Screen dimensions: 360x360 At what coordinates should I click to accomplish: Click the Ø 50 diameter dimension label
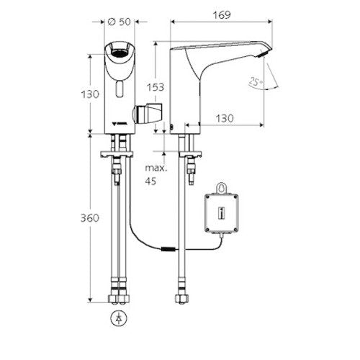point(119,22)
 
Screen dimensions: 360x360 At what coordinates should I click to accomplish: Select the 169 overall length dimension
point(222,15)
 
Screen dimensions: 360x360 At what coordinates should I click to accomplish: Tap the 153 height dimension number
point(156,87)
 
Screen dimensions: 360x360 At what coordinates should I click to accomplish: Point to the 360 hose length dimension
point(89,218)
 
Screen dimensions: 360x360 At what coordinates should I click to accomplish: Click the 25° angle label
point(256,81)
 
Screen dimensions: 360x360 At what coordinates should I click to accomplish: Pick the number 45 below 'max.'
point(150,181)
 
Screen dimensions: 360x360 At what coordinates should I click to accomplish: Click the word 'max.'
point(156,168)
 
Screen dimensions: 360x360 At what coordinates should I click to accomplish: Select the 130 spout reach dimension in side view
point(225,118)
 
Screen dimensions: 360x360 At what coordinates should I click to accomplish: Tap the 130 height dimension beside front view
point(90,94)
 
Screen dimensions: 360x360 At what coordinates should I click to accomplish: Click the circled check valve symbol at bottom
point(119,319)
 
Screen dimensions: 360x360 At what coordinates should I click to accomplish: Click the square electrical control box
point(222,213)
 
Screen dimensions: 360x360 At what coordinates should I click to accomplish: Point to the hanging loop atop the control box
point(221,188)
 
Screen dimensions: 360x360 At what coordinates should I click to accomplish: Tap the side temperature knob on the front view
point(148,113)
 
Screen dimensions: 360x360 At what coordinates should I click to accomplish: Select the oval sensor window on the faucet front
point(119,89)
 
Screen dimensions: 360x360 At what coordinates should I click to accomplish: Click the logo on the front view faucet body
point(119,124)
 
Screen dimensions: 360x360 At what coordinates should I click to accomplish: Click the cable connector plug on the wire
point(169,249)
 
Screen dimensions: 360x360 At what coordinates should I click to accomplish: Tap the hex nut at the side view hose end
point(181,299)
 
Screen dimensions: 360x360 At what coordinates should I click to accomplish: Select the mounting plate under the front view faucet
point(117,154)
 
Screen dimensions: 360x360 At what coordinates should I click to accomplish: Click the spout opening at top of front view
point(119,52)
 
